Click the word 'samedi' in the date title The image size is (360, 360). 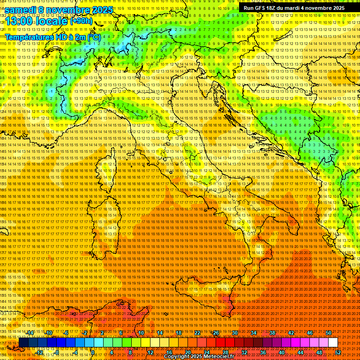click(22, 9)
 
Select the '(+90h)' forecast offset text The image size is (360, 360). click(81, 21)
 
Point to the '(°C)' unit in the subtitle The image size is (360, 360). click(94, 37)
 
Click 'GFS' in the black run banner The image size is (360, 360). click(262, 8)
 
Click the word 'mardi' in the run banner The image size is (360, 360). click(298, 8)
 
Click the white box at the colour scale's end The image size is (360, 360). click(333, 343)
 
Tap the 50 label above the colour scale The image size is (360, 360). click(329, 333)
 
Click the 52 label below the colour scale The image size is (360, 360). click(337, 352)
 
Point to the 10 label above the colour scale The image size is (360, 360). click(141, 333)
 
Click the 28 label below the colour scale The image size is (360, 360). click(225, 352)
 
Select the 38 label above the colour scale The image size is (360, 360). click(272, 333)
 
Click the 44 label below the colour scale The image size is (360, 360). click(300, 352)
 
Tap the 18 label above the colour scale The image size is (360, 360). click(179, 333)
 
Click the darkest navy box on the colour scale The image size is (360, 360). click(23, 343)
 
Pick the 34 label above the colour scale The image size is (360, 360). click(254, 333)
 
